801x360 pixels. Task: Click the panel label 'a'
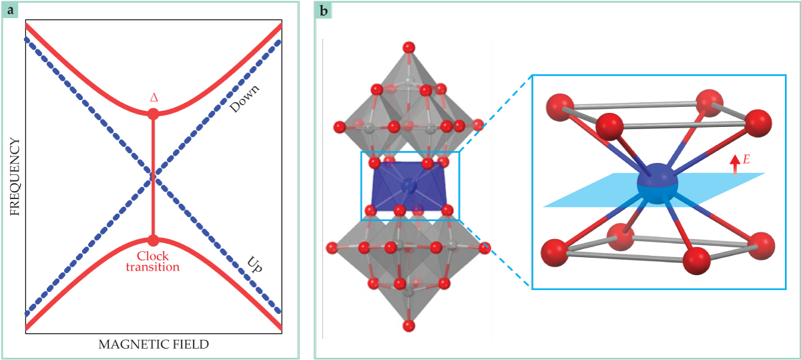pyautogui.click(x=12, y=10)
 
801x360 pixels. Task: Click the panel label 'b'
pyautogui.click(x=324, y=10)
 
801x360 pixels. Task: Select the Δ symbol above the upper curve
pyautogui.click(x=154, y=98)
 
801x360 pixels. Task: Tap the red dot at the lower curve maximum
pyautogui.click(x=153, y=240)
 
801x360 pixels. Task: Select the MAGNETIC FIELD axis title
pyautogui.click(x=154, y=345)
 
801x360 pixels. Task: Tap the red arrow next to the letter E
pyautogui.click(x=735, y=164)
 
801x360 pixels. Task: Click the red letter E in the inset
pyautogui.click(x=747, y=160)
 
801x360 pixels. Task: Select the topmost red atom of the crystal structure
pyautogui.click(x=409, y=47)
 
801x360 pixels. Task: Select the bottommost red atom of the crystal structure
pyautogui.click(x=409, y=325)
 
